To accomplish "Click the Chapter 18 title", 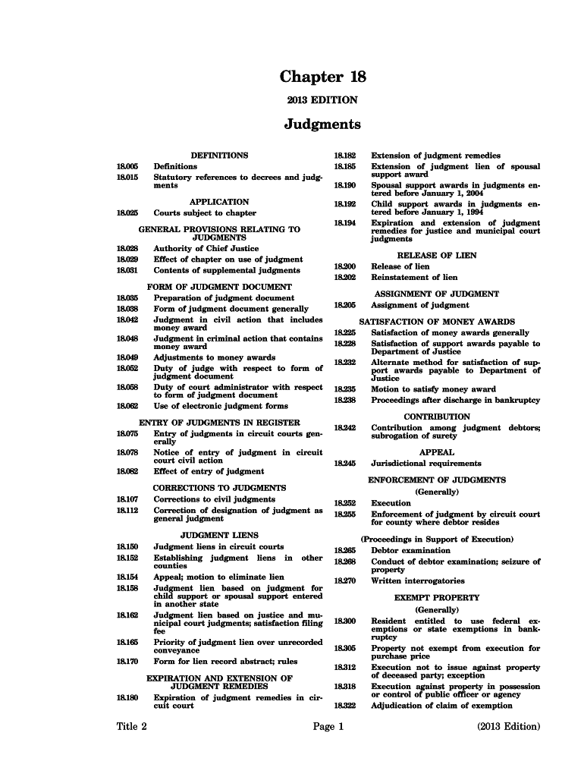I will click(x=323, y=77).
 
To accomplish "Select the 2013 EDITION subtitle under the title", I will click(x=322, y=100).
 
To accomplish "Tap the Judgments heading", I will click(x=322, y=124).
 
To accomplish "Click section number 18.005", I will click(x=126, y=166).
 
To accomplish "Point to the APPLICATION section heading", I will click(x=219, y=202).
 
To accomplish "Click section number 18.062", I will click(x=127, y=406).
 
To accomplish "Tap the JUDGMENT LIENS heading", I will click(x=219, y=535).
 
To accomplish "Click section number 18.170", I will click(x=127, y=661).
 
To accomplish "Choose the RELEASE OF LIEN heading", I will click(x=437, y=256).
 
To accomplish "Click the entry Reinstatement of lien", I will click(x=414, y=278).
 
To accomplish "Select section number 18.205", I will click(x=344, y=305).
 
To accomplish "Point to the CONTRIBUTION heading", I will click(x=437, y=417).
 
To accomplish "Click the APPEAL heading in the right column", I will click(x=437, y=452).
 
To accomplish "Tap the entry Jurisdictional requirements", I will click(x=425, y=463).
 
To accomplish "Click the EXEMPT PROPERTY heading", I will click(x=437, y=598).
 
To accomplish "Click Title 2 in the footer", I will click(x=132, y=726).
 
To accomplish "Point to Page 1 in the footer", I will click(x=328, y=726).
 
